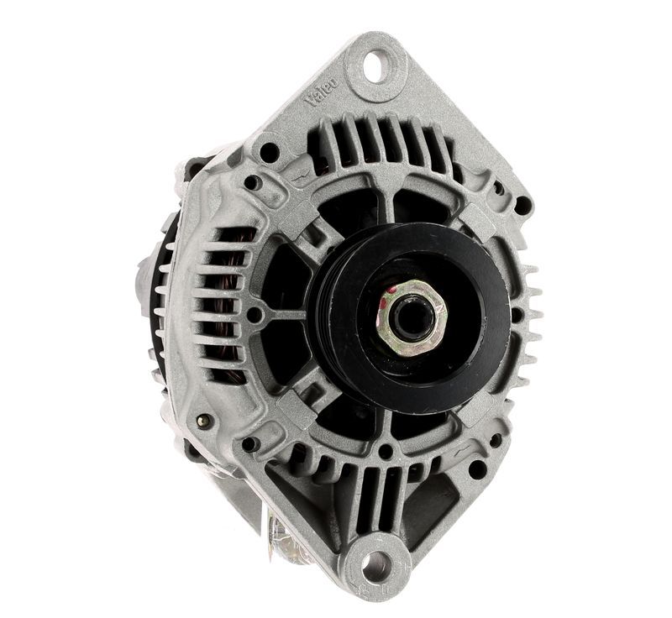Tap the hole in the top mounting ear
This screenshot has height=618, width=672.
click(x=376, y=65)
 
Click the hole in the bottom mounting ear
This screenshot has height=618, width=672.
click(x=376, y=566)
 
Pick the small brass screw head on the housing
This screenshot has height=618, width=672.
click(x=202, y=421)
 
